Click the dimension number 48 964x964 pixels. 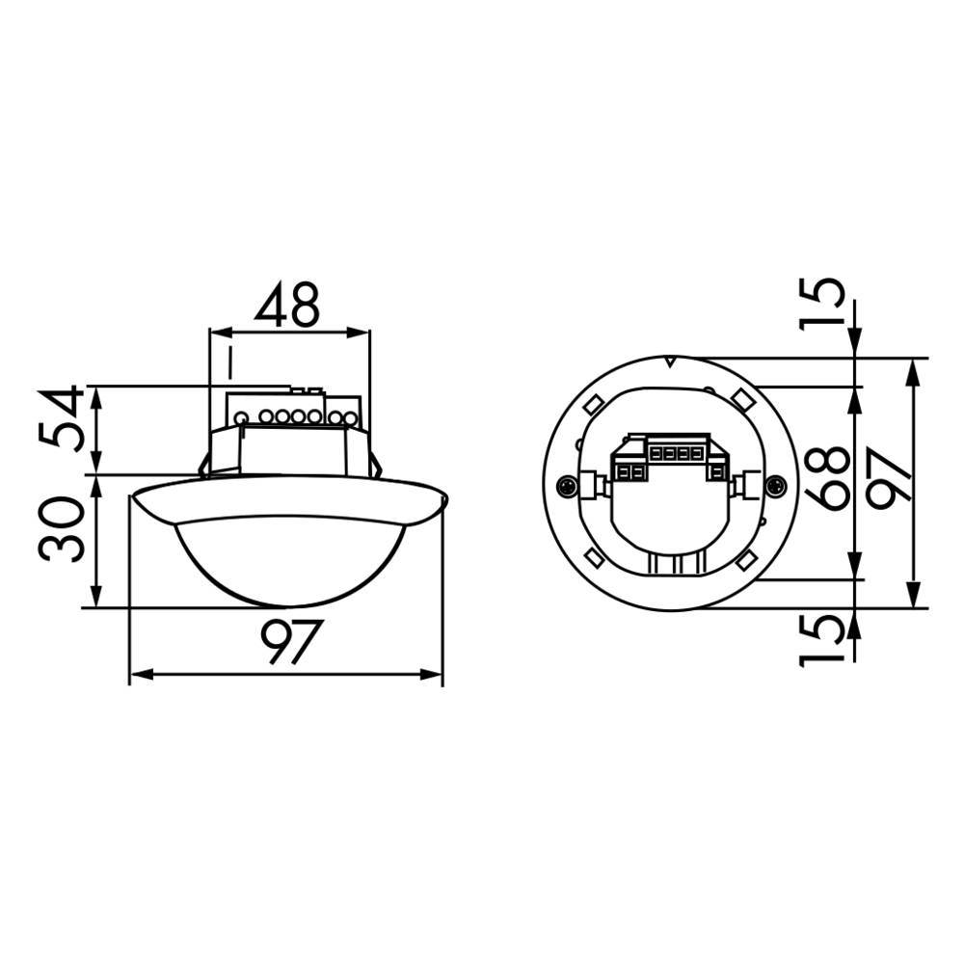[x=287, y=306]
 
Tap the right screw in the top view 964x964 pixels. [x=772, y=486]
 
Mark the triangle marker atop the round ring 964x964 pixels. [x=670, y=362]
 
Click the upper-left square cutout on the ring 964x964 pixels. [x=595, y=401]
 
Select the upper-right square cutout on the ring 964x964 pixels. [x=741, y=397]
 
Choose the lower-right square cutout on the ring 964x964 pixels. [x=747, y=559]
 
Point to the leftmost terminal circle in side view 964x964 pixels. [x=242, y=418]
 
